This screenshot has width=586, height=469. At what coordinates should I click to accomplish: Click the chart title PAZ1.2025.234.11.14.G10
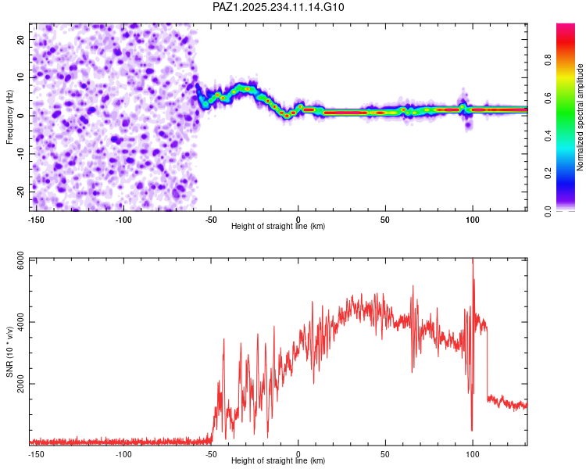[279, 7]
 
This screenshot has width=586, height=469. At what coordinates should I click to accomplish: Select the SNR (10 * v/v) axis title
[9, 352]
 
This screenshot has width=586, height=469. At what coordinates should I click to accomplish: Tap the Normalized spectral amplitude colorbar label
[581, 117]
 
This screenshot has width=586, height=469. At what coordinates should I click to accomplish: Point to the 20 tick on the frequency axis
[23, 39]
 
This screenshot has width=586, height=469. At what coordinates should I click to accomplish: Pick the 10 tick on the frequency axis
[23, 77]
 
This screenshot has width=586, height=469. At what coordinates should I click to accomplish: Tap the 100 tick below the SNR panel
[473, 453]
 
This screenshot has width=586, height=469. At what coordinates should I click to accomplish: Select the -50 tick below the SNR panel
[211, 453]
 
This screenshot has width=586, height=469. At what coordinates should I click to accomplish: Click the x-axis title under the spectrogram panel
[279, 227]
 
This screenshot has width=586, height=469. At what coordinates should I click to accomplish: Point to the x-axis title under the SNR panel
[279, 461]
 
